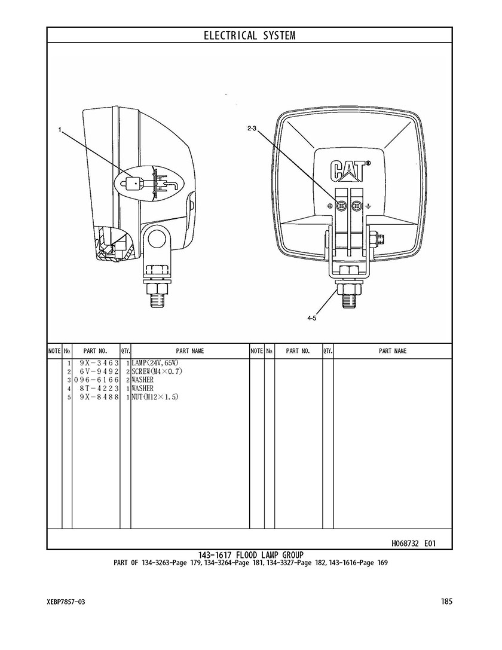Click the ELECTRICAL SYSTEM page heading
[249, 36]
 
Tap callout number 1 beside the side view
[60, 130]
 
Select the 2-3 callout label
[252, 129]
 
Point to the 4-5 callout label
[312, 318]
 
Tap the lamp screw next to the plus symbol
[342, 206]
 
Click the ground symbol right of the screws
[368, 206]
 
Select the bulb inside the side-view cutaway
[134, 182]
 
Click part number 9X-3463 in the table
[99, 363]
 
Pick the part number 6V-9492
[99, 371]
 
